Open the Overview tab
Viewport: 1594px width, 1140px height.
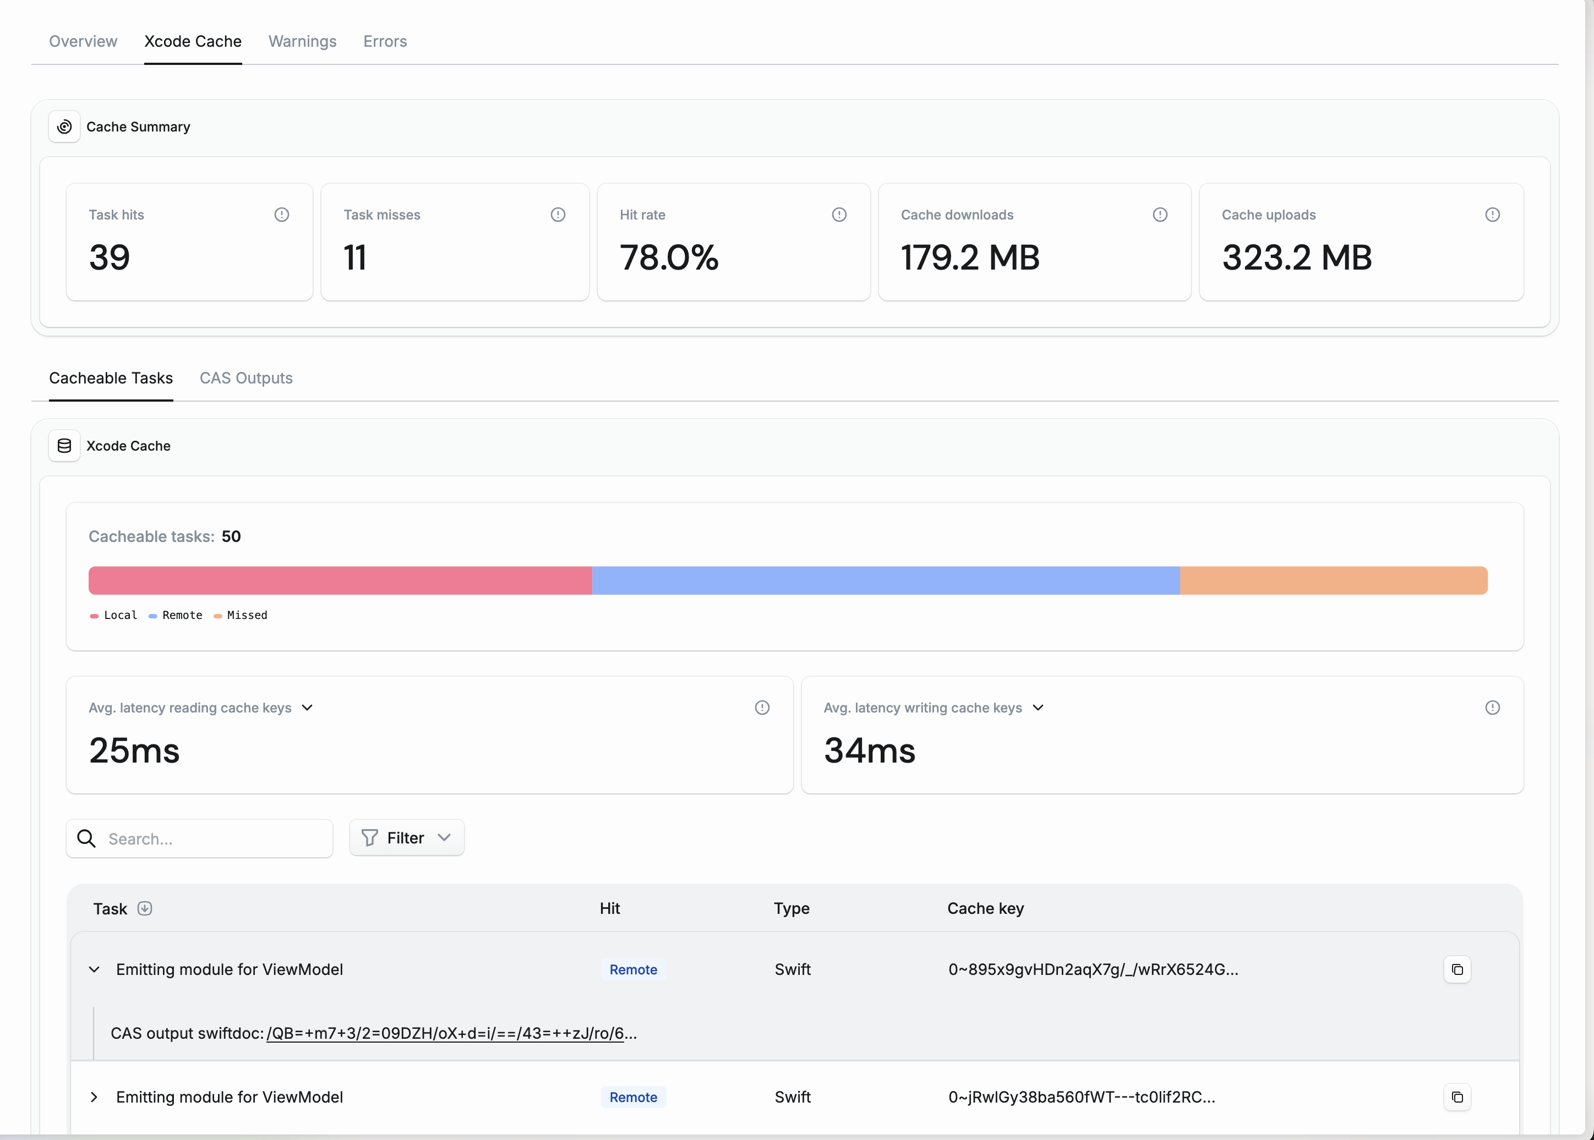pos(83,41)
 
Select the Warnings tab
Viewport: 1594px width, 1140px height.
pos(302,41)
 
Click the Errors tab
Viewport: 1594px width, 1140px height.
pos(385,41)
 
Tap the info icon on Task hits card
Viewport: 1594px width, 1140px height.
pos(282,215)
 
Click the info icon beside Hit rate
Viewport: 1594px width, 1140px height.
pos(838,215)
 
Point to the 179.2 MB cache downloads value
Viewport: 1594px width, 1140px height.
pos(970,257)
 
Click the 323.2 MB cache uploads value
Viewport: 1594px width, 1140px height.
pos(1296,257)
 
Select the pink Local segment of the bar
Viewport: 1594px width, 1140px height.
pos(340,580)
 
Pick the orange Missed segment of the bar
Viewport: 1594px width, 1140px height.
pos(1333,580)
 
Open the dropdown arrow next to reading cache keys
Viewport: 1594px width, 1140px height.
pos(307,708)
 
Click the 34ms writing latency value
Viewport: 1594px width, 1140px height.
pos(869,750)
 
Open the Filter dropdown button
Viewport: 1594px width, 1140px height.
pos(407,838)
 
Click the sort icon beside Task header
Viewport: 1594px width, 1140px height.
pos(145,908)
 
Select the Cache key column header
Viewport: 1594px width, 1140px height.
pos(985,908)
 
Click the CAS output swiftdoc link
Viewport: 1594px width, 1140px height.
pos(445,1033)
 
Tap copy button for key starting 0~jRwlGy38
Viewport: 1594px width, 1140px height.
pos(1457,1097)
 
